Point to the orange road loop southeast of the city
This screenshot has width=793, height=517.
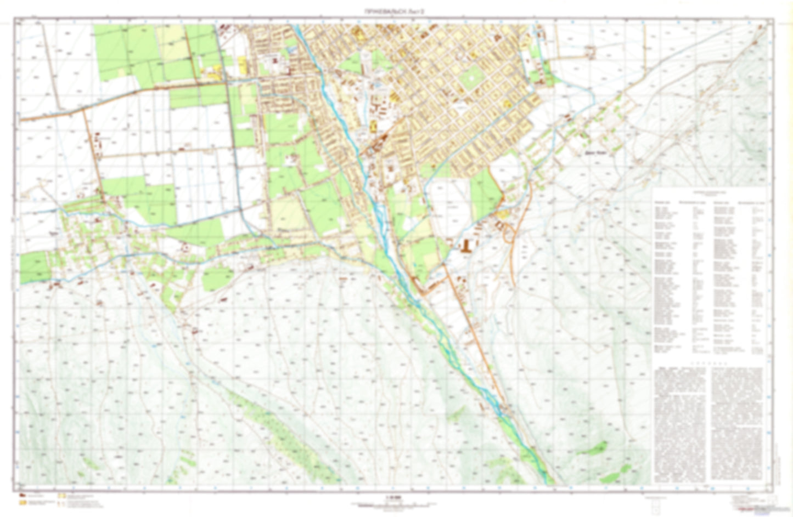508,233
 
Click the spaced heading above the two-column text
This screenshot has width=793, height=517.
708,363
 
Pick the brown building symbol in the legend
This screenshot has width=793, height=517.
23,496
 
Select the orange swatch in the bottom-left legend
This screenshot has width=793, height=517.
23,503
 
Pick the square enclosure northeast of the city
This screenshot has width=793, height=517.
590,52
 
